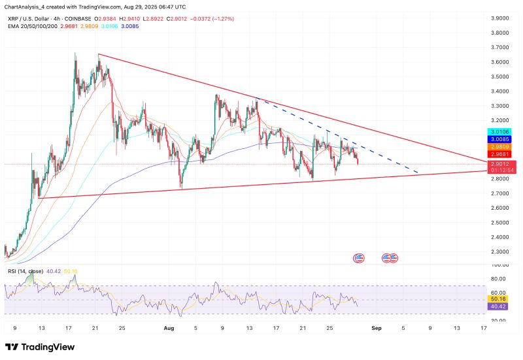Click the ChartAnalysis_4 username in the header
click(x=27, y=5)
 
